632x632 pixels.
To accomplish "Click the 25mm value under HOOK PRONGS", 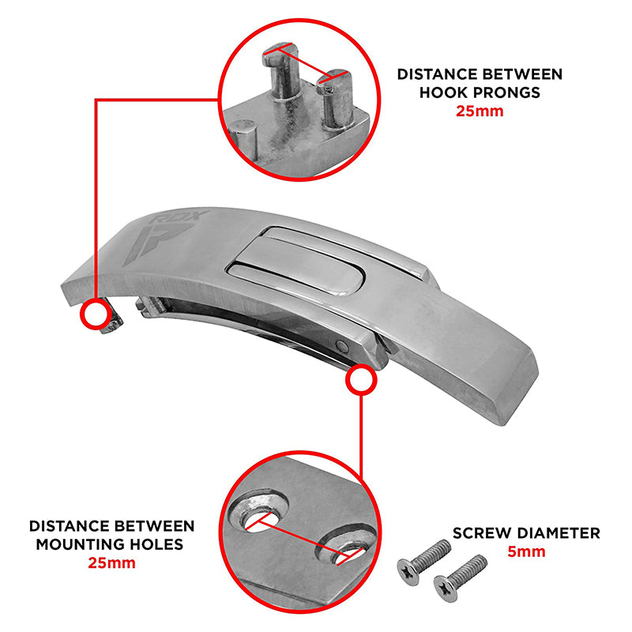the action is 480,111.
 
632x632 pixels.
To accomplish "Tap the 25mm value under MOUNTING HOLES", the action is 111,562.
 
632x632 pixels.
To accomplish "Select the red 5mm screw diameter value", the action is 526,551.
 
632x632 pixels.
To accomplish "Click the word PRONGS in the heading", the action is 506,92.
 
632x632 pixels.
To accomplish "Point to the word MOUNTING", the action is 75,544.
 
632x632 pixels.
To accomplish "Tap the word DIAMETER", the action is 555,532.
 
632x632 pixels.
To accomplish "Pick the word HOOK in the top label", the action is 444,92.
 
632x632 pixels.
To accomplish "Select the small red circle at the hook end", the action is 96,314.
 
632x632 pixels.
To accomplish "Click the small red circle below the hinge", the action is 361,379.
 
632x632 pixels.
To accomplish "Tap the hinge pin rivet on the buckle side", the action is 342,345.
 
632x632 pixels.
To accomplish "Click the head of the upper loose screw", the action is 408,571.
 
